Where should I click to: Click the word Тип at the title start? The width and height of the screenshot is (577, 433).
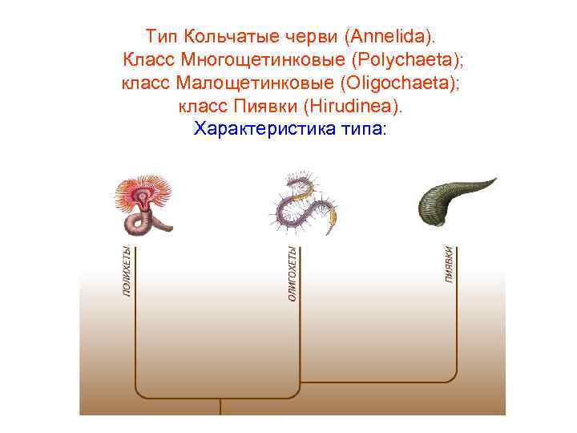[x=162, y=36]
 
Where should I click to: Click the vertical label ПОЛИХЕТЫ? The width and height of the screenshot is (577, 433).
[x=127, y=272]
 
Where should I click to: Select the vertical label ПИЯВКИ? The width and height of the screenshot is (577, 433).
[x=450, y=264]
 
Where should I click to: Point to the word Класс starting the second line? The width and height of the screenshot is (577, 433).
[x=149, y=59]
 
